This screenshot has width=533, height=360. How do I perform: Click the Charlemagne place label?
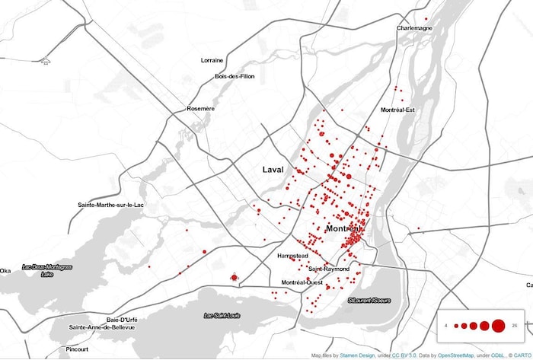pos(414,29)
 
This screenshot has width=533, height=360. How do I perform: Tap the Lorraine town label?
pos(212,60)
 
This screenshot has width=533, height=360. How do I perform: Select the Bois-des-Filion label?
pos(235,76)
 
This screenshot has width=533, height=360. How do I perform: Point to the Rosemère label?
pos(201,109)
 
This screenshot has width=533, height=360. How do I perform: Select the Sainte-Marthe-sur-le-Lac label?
pos(116,205)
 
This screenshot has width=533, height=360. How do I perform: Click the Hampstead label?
pos(293,256)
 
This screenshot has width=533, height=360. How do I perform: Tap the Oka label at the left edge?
pos(5,270)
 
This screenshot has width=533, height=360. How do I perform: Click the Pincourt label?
pos(77,349)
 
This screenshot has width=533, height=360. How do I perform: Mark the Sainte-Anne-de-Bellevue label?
pos(102,327)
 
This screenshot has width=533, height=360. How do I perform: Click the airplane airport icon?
pos(46,60)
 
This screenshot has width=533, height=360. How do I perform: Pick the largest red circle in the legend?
pos(498,326)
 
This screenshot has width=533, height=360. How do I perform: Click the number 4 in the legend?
pos(446,326)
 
